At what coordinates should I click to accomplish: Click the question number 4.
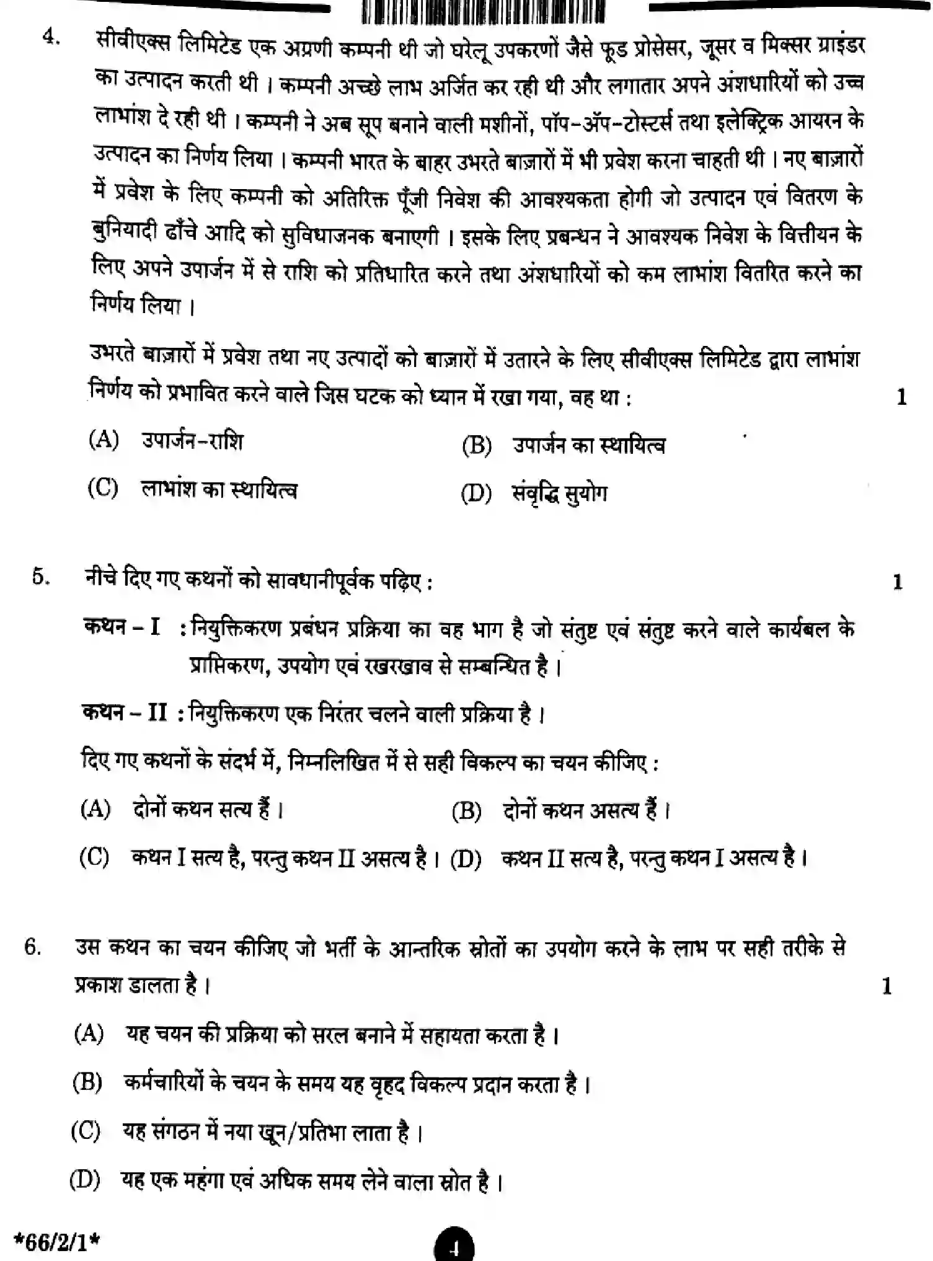[x=51, y=38]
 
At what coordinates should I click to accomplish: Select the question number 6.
[x=33, y=947]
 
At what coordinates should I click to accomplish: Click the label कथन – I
[x=122, y=627]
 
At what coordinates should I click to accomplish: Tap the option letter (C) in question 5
[x=94, y=857]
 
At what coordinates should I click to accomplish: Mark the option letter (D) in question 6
[x=84, y=1179]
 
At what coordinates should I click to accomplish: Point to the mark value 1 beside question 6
[x=887, y=986]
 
